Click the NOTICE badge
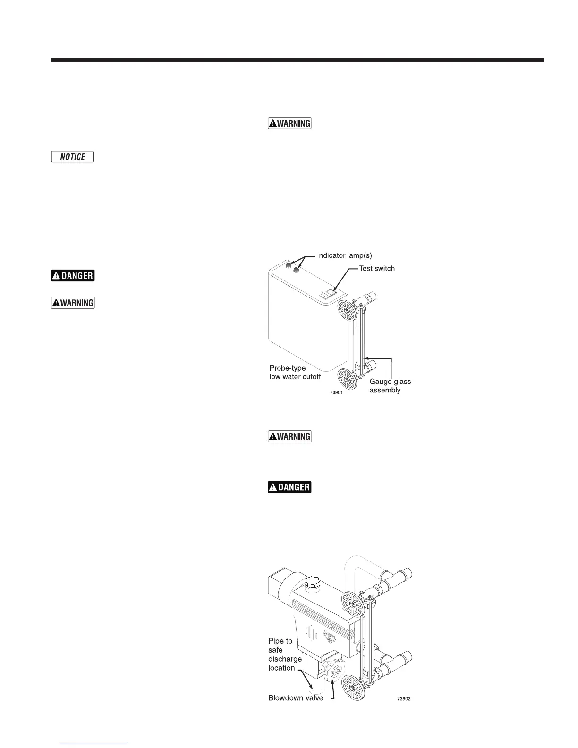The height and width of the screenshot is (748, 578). [x=73, y=157]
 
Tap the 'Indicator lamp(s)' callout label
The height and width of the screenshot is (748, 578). [x=344, y=255]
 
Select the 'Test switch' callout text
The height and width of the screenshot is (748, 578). [x=377, y=268]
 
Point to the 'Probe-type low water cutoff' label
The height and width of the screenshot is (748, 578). [x=295, y=372]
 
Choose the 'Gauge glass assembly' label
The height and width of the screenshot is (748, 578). [x=390, y=386]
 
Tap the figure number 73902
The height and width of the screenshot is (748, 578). [x=403, y=699]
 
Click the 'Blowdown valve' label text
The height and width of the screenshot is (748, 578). [x=296, y=698]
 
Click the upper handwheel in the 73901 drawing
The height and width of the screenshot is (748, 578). [x=348, y=311]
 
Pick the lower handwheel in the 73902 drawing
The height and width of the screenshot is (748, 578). [x=353, y=687]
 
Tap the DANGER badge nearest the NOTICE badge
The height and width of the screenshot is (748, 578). [x=73, y=276]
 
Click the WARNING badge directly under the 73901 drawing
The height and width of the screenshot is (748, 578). [x=289, y=436]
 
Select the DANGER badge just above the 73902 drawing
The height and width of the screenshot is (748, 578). [x=289, y=487]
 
